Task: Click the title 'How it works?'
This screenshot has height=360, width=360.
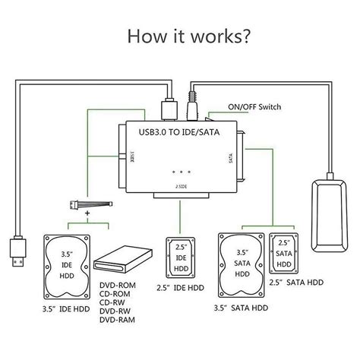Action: click(180, 36)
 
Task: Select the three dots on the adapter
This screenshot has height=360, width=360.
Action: click(180, 171)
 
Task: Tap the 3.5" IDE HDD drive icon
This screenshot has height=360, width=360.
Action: click(68, 266)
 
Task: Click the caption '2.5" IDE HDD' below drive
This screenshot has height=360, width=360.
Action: click(181, 288)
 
